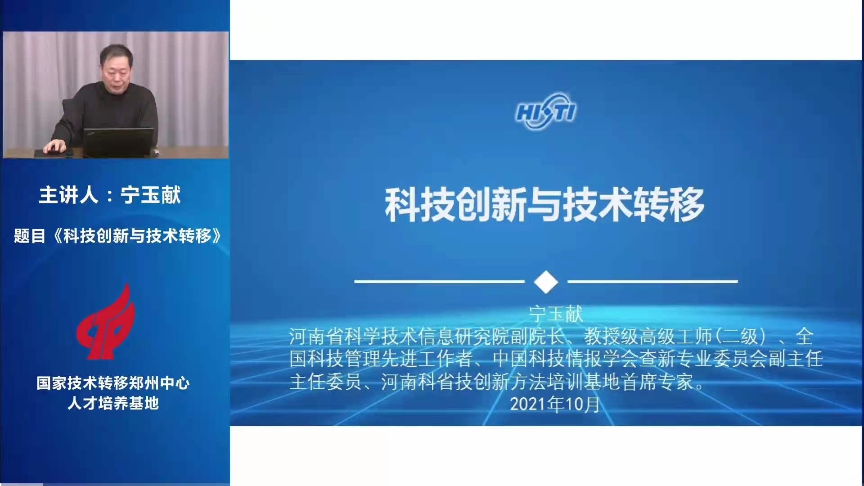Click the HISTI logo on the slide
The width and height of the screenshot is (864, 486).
pos(545,112)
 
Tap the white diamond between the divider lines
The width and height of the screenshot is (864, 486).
pos(546,282)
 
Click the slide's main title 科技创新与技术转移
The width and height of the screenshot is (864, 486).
pos(544,205)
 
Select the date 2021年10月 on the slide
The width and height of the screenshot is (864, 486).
pos(555,404)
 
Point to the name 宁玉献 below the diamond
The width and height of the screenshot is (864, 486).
pos(556,314)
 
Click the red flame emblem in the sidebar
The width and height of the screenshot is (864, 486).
pos(106,321)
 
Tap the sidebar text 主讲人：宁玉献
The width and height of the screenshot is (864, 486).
pos(110,195)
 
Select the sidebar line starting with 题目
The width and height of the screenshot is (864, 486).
pos(117,236)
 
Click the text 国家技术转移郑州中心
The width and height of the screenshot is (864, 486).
pos(113,383)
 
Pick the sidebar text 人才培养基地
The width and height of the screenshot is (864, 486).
pos(113,403)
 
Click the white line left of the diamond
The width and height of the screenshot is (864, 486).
pos(439,282)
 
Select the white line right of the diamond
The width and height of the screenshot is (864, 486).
pos(652,282)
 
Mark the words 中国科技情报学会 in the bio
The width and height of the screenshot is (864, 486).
pos(566,359)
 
